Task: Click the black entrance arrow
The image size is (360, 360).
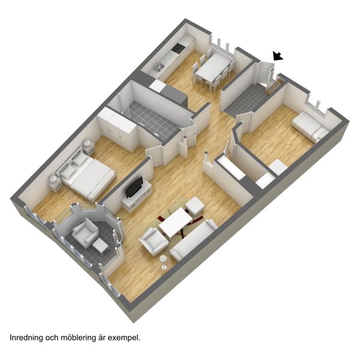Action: coord(277,56)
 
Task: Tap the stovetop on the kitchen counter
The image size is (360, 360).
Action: coord(178,48)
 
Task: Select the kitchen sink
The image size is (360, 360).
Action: coord(158,67)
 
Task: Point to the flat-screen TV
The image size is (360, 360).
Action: coord(134,187)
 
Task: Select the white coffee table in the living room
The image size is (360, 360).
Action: coord(175,222)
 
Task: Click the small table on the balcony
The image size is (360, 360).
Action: coord(100,246)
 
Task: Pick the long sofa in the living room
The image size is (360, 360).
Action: coord(194,239)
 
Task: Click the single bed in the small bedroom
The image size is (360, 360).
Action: coord(310,126)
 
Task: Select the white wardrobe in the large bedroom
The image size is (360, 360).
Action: coord(117,130)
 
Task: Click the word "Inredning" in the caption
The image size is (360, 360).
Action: coord(26,338)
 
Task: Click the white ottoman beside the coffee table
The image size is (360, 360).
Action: coord(194,206)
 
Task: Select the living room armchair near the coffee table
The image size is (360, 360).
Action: coord(153,242)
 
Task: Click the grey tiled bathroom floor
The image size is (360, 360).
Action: coord(152,119)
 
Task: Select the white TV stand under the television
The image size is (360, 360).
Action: coord(137,196)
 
